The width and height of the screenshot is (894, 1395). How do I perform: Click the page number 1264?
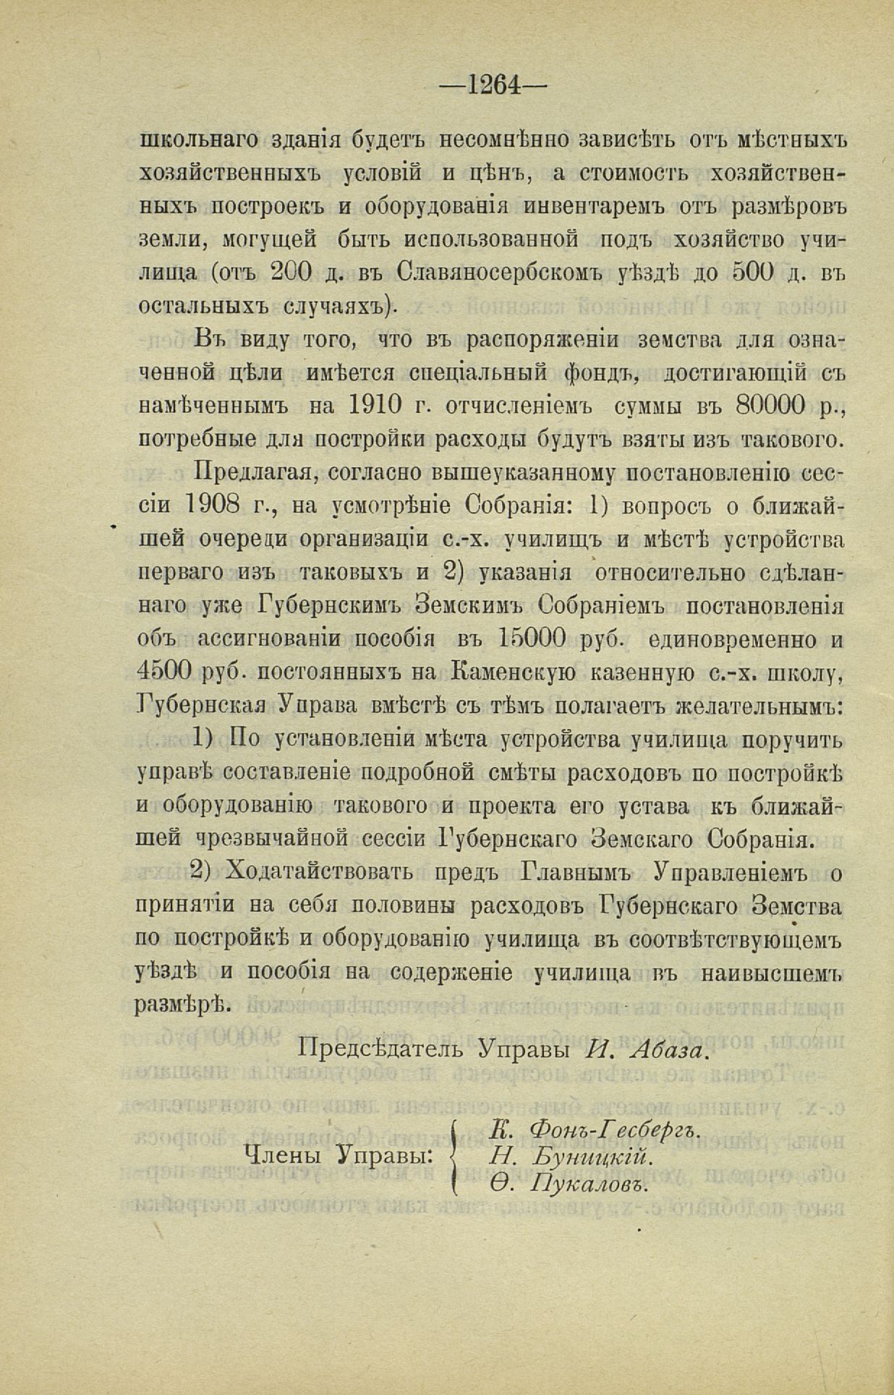[x=495, y=85]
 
